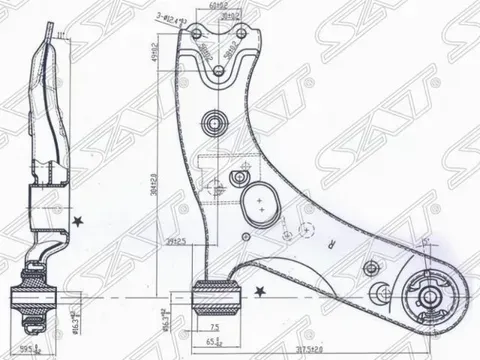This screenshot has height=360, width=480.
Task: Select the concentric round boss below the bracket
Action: pos(214,125)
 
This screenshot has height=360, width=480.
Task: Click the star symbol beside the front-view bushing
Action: pos(260,291)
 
